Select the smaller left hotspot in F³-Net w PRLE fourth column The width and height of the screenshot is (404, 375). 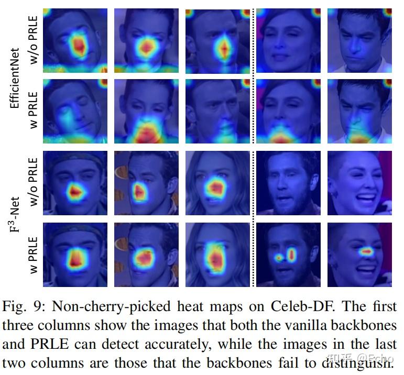(x=278, y=258)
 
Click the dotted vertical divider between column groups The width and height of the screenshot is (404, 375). (x=255, y=147)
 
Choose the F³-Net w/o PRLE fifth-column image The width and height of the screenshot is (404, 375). (x=359, y=183)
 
